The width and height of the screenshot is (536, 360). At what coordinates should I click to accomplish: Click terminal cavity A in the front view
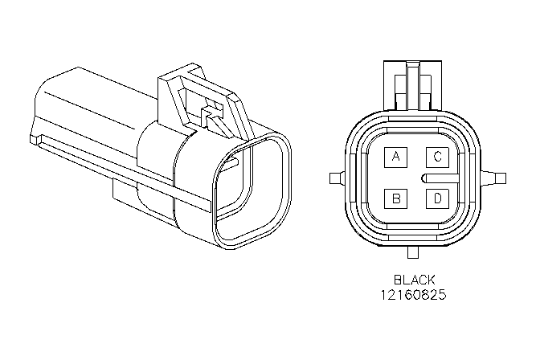point(395,157)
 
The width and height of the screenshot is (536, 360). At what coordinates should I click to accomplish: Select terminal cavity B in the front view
point(395,198)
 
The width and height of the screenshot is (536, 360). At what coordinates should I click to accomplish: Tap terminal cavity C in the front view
point(437,157)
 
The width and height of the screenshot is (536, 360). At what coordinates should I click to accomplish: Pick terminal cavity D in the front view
point(437,198)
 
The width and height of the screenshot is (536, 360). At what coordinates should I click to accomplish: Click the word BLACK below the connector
point(415,280)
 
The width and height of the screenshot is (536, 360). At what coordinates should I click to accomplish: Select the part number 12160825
point(414,295)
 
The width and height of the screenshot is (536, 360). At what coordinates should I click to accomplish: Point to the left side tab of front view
point(338,178)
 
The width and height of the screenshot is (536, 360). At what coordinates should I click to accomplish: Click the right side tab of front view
point(493,178)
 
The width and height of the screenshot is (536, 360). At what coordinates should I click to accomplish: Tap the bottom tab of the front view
point(413,252)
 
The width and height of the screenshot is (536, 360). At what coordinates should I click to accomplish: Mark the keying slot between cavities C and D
point(440,178)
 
